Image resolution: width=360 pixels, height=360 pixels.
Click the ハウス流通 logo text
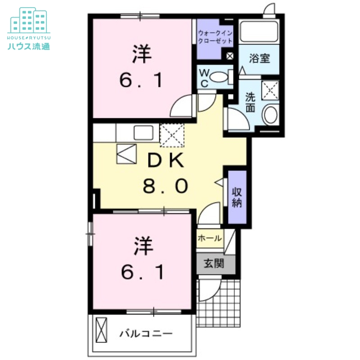tap(28, 45)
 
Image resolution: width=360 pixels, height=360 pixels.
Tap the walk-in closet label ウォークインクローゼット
tap(216, 36)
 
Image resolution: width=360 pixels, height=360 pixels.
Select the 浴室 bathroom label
tap(260, 58)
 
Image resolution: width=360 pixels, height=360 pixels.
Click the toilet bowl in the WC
tap(219, 77)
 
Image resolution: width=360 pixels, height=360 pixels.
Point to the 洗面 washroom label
tap(251, 102)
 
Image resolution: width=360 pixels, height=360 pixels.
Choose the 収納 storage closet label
tap(237, 197)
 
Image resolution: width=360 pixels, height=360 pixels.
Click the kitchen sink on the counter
tap(143, 133)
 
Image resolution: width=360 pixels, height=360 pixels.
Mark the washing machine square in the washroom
tap(270, 90)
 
